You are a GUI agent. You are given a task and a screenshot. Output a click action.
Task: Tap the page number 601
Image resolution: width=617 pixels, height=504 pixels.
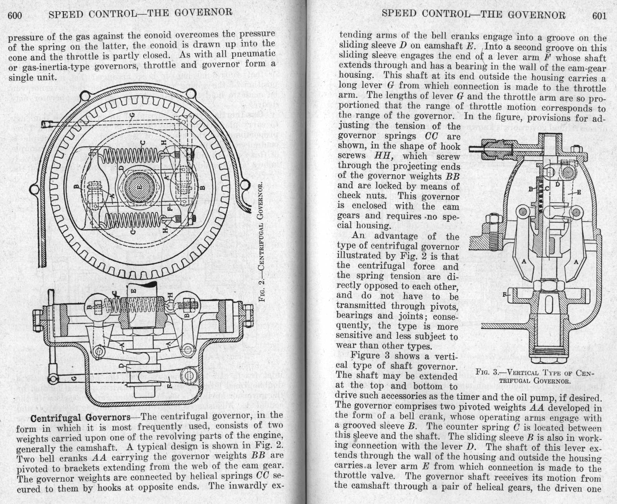pos(599,16)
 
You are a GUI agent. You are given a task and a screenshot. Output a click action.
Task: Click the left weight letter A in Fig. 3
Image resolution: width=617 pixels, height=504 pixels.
pos(524,261)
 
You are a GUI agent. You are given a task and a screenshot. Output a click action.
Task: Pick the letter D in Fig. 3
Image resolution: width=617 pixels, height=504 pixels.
pos(558,184)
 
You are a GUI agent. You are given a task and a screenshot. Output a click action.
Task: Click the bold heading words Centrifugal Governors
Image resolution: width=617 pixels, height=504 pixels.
pos(80,418)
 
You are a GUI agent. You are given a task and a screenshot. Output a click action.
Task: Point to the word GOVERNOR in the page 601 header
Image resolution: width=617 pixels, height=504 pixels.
pos(536,15)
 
